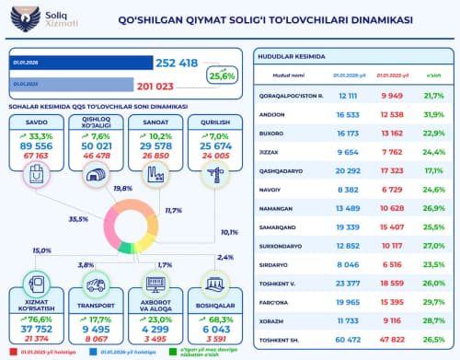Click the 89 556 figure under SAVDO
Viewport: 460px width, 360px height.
click(x=36, y=145)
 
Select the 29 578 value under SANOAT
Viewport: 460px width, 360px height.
click(x=154, y=145)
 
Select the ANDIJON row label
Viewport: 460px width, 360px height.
click(x=289, y=113)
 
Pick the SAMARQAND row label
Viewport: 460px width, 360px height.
click(x=293, y=226)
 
